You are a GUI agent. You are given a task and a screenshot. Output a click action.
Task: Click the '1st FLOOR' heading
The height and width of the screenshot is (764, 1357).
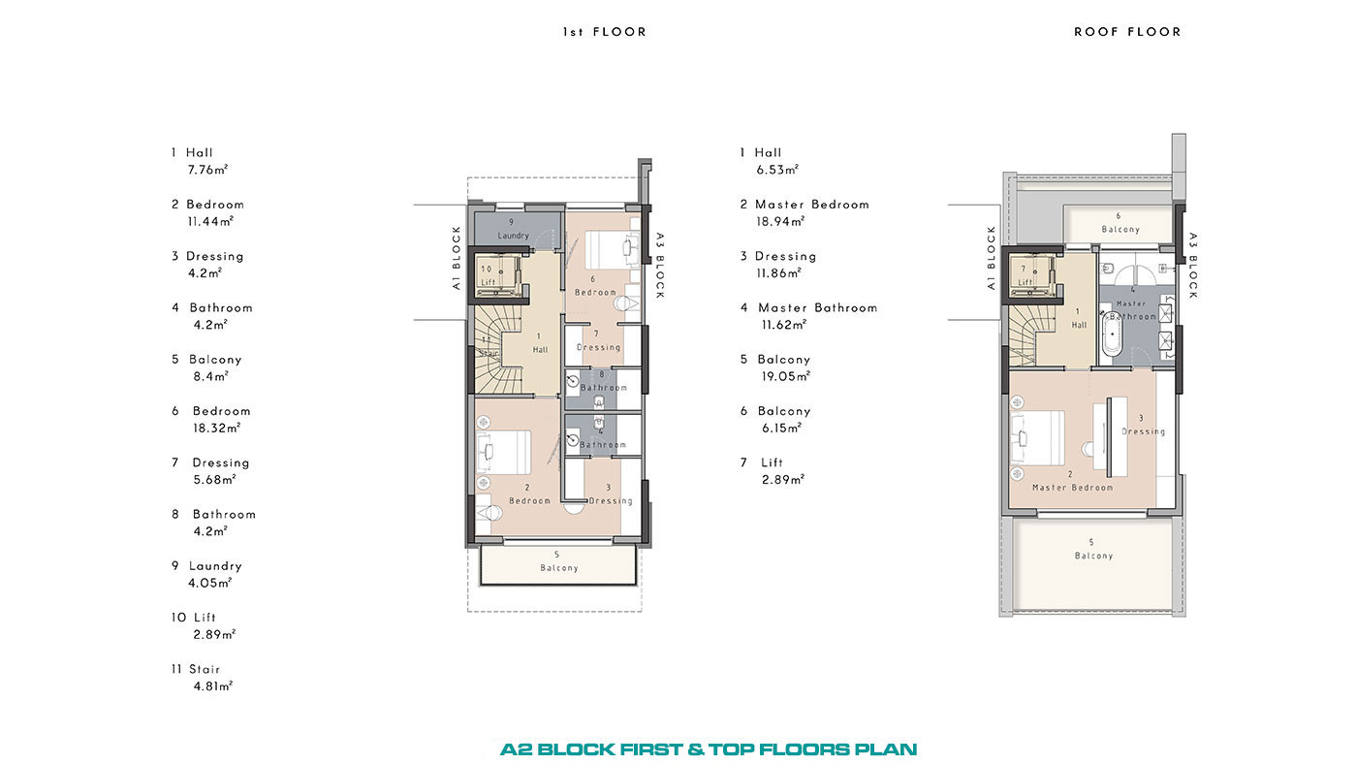point(604,32)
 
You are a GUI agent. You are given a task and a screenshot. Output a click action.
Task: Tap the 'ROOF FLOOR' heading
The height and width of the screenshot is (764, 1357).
point(1127,32)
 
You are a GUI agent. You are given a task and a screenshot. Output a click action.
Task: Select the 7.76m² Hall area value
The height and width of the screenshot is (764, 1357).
point(207,171)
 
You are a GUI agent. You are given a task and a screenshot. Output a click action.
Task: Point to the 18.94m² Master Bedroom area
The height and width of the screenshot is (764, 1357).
point(780,222)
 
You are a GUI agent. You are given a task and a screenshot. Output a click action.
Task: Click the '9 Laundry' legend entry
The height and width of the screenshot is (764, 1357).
point(206,566)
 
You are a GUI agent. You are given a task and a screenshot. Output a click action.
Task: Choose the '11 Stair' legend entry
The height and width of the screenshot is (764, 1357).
point(196,670)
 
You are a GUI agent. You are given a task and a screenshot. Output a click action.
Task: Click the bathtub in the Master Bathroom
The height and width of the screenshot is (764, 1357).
point(1113,334)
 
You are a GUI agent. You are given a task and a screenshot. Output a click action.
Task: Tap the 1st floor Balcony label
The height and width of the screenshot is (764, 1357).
point(558,561)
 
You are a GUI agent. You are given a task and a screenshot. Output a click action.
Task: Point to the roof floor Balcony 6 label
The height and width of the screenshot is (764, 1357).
point(1120,223)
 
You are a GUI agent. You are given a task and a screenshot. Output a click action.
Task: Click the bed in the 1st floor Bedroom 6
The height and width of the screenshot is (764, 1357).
point(612,249)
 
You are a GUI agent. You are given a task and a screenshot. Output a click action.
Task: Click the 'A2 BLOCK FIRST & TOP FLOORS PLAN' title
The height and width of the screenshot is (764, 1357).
point(709,749)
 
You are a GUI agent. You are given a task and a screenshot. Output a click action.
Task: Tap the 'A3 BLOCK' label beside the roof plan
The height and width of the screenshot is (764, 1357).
point(1193,266)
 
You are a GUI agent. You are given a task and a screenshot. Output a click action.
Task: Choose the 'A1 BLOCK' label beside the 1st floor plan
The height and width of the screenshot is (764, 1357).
point(457,258)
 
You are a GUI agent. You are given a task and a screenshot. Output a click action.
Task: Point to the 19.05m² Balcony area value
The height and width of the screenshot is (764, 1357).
point(786,377)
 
